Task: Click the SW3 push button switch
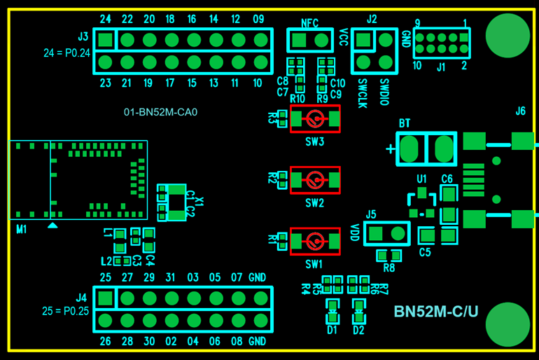tap(315, 119)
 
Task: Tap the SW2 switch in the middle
tap(315, 180)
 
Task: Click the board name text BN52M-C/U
tap(436, 312)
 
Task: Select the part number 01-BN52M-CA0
tap(160, 111)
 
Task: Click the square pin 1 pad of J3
tap(105, 39)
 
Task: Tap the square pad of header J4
tap(105, 298)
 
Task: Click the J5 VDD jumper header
tap(386, 234)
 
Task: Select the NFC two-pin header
tap(310, 40)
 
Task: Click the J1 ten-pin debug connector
tap(442, 43)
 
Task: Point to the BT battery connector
tap(426, 148)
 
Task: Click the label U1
tap(421, 179)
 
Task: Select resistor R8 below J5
tap(389, 256)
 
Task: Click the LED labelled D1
tap(332, 306)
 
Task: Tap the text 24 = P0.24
tap(66, 52)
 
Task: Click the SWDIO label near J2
tap(384, 92)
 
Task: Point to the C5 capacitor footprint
tap(426, 235)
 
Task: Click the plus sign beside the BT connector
tap(390, 148)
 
